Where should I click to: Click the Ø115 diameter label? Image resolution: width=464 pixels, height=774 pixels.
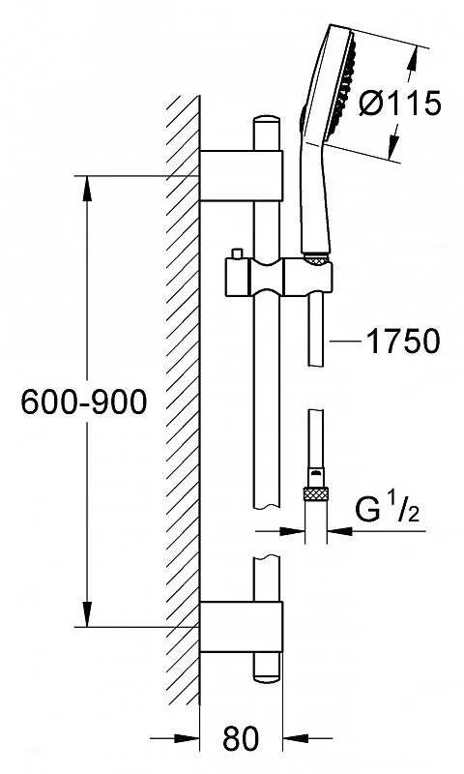point(399,104)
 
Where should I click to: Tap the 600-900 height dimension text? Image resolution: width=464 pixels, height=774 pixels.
point(84,402)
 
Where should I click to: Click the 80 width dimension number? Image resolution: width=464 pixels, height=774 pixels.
point(241,738)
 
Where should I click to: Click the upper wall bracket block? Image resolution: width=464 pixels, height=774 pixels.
point(241,175)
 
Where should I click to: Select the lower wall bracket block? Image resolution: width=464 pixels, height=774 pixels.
point(241,626)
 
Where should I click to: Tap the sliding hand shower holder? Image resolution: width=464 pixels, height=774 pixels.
point(278,278)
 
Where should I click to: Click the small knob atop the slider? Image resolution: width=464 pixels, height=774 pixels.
point(237,253)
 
